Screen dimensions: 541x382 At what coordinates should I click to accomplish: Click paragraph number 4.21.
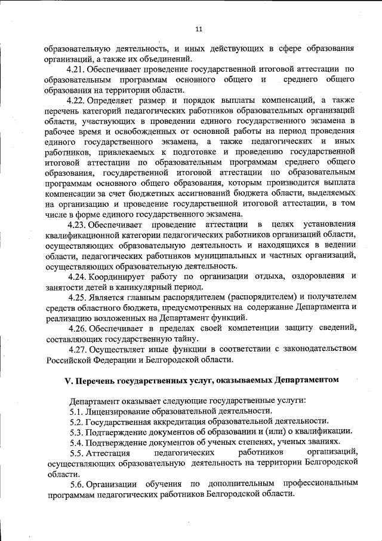78,70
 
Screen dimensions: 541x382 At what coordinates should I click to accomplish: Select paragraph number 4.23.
78,224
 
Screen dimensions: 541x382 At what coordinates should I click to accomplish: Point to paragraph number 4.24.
78,276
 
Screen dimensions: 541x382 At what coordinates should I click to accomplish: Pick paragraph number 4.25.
78,297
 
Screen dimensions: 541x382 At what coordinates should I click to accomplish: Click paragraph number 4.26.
78,328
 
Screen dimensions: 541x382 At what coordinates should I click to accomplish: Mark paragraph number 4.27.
78,349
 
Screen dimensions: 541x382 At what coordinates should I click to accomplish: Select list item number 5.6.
77,484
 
